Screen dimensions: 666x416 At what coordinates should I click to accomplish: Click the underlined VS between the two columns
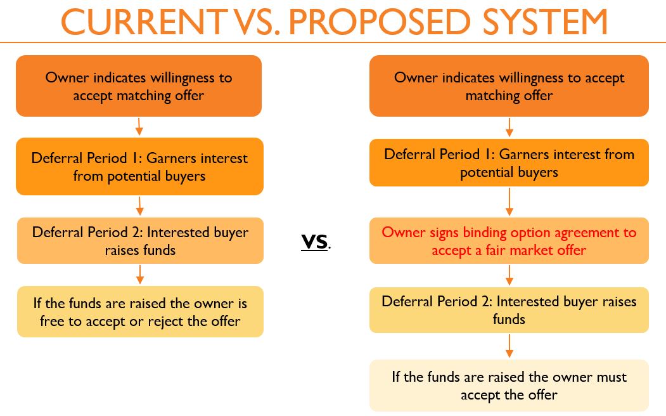click(x=314, y=242)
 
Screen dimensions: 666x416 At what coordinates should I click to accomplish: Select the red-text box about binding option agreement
click(x=509, y=240)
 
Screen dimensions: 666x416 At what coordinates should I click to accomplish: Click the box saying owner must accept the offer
click(x=509, y=386)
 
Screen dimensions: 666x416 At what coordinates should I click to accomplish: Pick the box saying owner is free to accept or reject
click(x=140, y=311)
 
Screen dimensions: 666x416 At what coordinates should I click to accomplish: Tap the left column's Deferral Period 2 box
click(x=140, y=240)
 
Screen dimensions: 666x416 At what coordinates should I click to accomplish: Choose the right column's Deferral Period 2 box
click(x=509, y=309)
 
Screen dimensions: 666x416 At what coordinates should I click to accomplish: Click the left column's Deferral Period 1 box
click(x=140, y=167)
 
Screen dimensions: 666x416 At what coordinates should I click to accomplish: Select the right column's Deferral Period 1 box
click(x=509, y=163)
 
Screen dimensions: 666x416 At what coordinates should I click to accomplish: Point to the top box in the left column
click(x=139, y=86)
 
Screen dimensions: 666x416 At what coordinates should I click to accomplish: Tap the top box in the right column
click(x=509, y=86)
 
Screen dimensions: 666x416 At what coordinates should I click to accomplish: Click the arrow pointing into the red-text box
click(x=509, y=202)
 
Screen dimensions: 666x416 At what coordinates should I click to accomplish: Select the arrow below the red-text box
click(x=509, y=275)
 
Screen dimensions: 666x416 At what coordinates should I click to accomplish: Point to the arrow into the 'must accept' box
click(x=509, y=346)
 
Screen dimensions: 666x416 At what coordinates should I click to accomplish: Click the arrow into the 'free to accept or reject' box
click(x=140, y=275)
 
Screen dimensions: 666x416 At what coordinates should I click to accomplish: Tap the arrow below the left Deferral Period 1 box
click(x=140, y=205)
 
